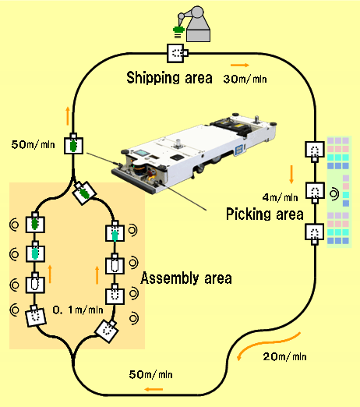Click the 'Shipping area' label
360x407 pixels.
169,78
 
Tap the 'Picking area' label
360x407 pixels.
264,214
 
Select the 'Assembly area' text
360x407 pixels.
186,278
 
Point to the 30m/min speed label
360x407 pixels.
245,79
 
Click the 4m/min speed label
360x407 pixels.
280,197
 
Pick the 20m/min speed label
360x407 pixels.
284,356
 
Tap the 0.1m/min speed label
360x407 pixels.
78,310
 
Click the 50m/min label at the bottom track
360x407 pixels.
150,374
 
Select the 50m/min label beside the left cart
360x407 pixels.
33,144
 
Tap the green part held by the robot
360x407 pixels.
178,30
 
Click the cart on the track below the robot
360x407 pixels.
177,53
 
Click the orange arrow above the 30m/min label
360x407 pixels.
240,65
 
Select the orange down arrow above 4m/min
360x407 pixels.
291,174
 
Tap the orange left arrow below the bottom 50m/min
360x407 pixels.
154,389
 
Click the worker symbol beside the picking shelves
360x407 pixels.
334,194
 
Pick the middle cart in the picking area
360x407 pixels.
315,192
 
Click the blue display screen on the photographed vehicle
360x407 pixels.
141,153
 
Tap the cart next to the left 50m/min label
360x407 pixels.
73,144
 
